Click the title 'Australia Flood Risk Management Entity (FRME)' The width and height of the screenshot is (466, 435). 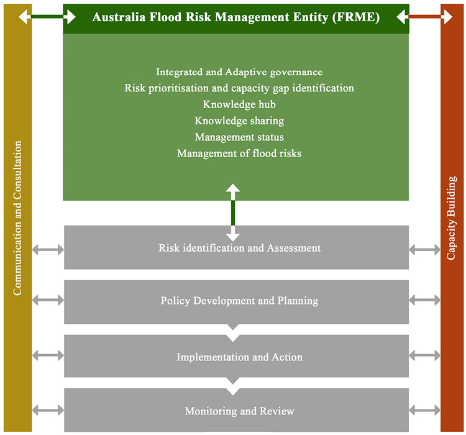coord(235,17)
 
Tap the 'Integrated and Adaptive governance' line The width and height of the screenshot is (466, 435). coord(239,72)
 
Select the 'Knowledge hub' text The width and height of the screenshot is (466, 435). coord(239,104)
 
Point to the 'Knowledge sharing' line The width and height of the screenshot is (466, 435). coord(239,121)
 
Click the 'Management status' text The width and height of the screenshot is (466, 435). coord(239,137)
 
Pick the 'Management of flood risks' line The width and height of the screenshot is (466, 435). coord(239,153)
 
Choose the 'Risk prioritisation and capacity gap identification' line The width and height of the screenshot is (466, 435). coord(239,88)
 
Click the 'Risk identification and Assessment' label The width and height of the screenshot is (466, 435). coord(239,248)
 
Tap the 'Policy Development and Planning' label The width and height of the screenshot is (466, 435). coord(239,301)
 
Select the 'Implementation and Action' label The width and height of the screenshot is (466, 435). coord(239,357)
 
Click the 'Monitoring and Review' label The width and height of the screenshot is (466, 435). coord(239,411)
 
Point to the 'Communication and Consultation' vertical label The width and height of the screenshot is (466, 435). coord(17,218)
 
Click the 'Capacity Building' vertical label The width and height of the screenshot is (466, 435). coord(452,217)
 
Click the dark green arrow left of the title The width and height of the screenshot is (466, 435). coord(47,17)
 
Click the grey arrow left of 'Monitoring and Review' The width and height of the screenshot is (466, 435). coord(48,410)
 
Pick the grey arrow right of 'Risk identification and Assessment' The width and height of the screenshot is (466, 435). coord(425,249)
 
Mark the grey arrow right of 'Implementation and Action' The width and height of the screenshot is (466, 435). coord(425,356)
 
